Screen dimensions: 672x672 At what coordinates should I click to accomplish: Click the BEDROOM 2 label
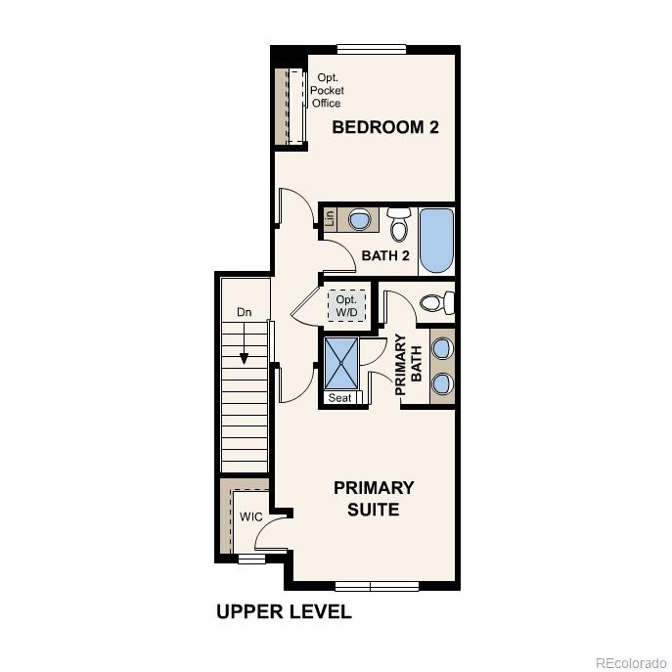pyautogui.click(x=384, y=127)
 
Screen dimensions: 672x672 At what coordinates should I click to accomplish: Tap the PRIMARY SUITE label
pyautogui.click(x=374, y=498)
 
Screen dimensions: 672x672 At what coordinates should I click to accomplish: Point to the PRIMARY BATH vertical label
pyautogui.click(x=407, y=365)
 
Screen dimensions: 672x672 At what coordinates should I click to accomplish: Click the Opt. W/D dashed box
pyautogui.click(x=347, y=305)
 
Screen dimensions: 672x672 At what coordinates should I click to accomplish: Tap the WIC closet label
pyautogui.click(x=250, y=516)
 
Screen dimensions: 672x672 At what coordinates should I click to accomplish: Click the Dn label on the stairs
pyautogui.click(x=245, y=312)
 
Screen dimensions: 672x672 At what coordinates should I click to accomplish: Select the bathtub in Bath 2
pyautogui.click(x=436, y=241)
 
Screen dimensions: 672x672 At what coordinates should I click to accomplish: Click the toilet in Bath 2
pyautogui.click(x=399, y=224)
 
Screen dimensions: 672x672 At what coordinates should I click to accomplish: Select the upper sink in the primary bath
pyautogui.click(x=442, y=347)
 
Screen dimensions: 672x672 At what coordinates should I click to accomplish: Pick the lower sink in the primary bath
pyautogui.click(x=442, y=382)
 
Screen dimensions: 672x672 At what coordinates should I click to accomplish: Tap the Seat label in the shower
pyautogui.click(x=340, y=398)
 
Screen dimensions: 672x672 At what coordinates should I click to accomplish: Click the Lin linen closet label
pyautogui.click(x=330, y=219)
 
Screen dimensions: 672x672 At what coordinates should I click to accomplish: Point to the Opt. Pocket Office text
pyautogui.click(x=327, y=90)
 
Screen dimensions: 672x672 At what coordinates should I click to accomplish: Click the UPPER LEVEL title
pyautogui.click(x=283, y=612)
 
